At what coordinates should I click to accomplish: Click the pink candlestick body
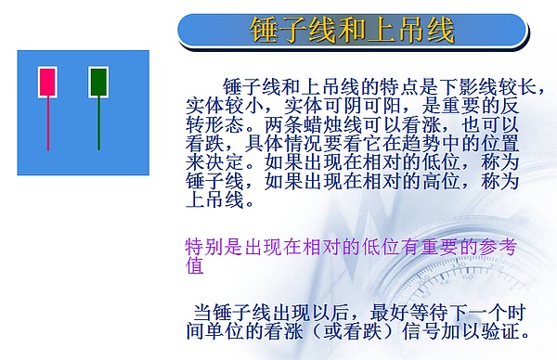pyautogui.click(x=47, y=83)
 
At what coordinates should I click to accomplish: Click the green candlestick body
pyautogui.click(x=98, y=83)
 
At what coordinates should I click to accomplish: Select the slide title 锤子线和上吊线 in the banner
pyautogui.click(x=353, y=31)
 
